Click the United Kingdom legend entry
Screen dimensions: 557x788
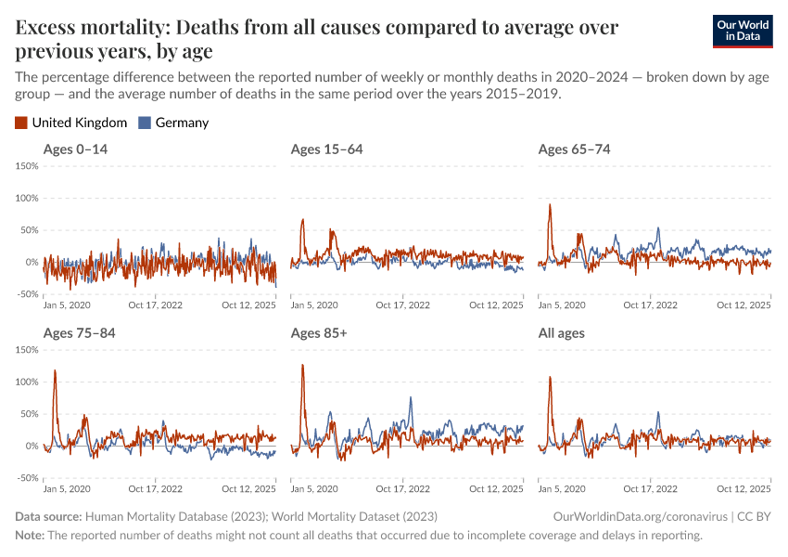click(71, 123)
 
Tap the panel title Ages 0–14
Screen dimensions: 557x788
click(75, 149)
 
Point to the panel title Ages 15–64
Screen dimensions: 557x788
click(326, 149)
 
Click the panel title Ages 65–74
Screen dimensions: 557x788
click(574, 149)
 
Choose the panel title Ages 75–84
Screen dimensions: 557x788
click(79, 333)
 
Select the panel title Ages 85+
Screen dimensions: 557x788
click(319, 333)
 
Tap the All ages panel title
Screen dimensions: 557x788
click(562, 333)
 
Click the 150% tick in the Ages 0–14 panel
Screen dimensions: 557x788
click(26, 166)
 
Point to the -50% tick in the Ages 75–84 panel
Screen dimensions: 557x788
click(26, 478)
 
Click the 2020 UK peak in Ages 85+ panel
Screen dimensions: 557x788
click(302, 365)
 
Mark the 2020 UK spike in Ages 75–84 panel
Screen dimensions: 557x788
click(55, 371)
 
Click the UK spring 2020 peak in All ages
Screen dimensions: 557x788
click(551, 378)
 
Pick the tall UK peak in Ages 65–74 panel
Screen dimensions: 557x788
click(550, 205)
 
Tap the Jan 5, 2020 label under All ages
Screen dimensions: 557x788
click(562, 488)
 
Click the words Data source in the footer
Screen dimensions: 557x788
click(48, 516)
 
